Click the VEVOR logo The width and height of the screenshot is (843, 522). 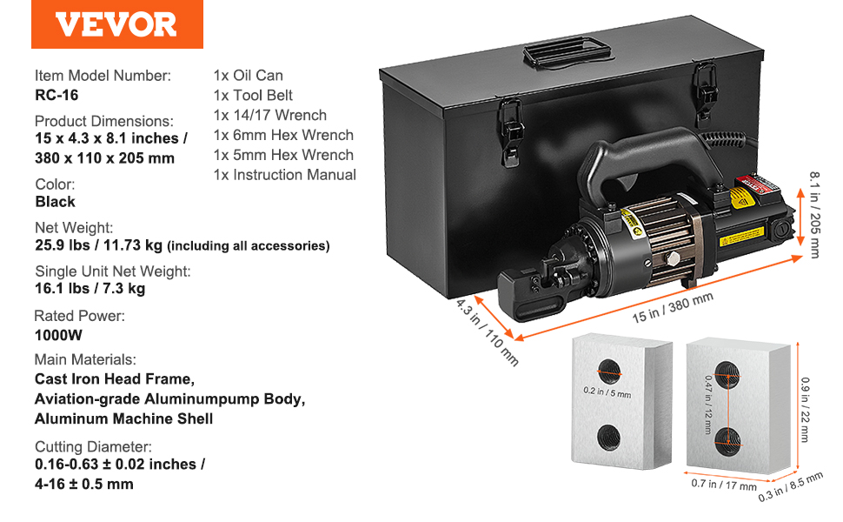coord(116,24)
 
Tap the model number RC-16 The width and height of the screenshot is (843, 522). coord(56,95)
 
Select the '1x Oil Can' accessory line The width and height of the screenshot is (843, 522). coord(248,76)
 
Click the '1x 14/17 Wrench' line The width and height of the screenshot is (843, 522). coord(270,115)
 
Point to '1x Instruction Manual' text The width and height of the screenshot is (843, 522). coord(284,175)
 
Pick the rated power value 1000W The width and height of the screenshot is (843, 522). coord(58,335)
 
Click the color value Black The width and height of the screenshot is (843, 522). coord(55,202)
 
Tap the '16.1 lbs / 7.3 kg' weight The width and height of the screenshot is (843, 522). coord(90,289)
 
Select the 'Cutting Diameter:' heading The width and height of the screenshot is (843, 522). coord(93,446)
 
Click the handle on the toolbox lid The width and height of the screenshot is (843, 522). coord(568,52)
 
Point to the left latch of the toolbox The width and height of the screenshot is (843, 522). coord(511,132)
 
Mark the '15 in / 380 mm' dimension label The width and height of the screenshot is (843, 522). coord(673,308)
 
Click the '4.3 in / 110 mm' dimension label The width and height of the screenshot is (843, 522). coord(487,332)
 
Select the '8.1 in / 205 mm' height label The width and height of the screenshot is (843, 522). coord(815,215)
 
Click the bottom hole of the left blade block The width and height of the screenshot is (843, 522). coord(608,435)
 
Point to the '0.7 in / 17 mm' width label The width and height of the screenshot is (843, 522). coord(724,485)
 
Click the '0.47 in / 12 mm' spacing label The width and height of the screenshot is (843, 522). coord(709,405)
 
